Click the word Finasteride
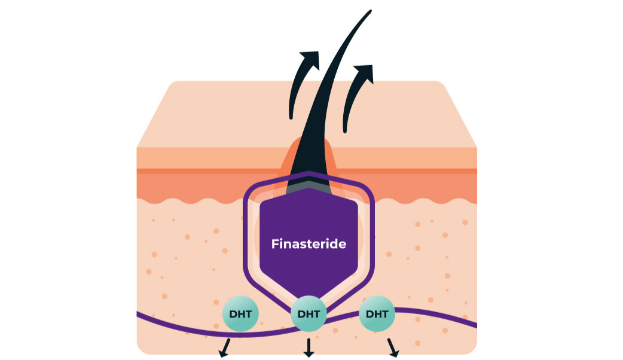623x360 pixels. pyautogui.click(x=309, y=244)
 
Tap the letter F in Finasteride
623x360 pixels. pyautogui.click(x=275, y=244)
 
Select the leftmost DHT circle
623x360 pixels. pyautogui.click(x=240, y=314)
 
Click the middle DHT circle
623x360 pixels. pyautogui.click(x=309, y=314)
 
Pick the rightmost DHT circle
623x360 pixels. pyautogui.click(x=377, y=314)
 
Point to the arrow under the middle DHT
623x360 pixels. pyautogui.click(x=309, y=348)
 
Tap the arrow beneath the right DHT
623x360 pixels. pyautogui.click(x=393, y=348)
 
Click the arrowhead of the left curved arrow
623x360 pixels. pyautogui.click(x=310, y=59)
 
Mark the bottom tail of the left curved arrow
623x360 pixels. pyautogui.click(x=291, y=115)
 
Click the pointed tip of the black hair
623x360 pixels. pyautogui.click(x=370, y=10)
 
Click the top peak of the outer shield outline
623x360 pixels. pyautogui.click(x=309, y=174)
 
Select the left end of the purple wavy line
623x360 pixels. pyautogui.click(x=139, y=313)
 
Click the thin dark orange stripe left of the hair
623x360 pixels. pyautogui.click(x=203, y=171)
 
